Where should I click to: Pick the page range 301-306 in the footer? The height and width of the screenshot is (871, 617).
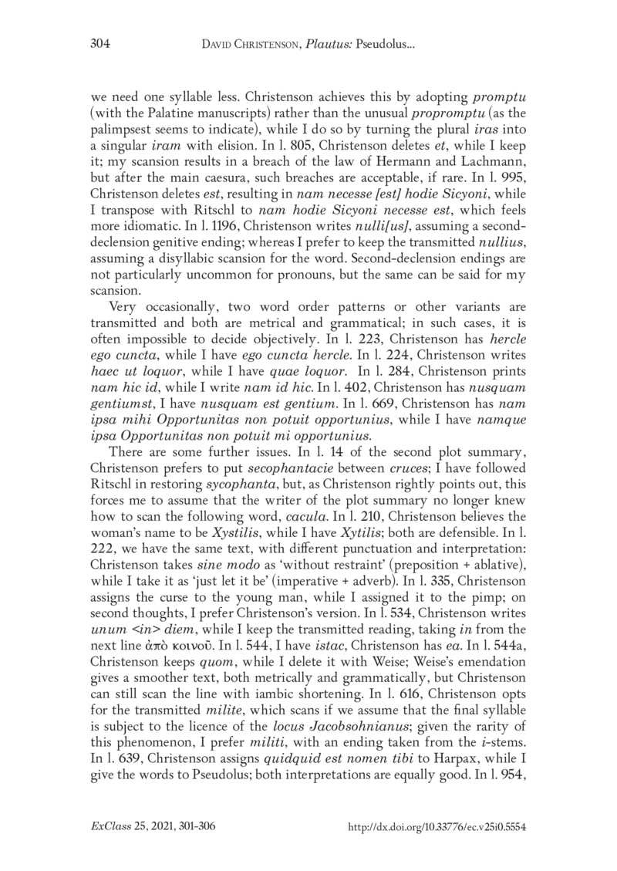tap(199, 825)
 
